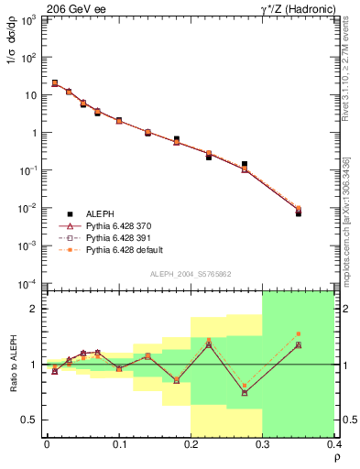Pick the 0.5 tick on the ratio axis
(x=30, y=420)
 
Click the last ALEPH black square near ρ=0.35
(x=298, y=213)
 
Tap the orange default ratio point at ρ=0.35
(x=298, y=333)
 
